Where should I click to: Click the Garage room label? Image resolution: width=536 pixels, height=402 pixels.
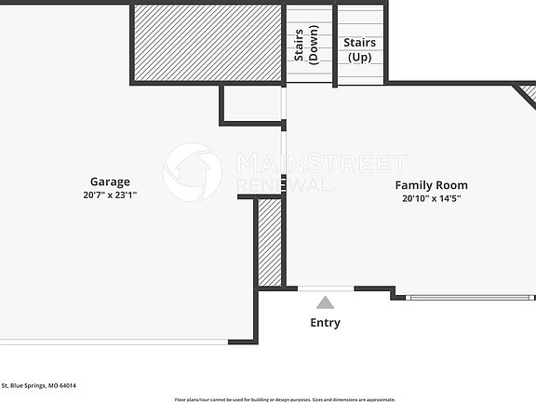110,181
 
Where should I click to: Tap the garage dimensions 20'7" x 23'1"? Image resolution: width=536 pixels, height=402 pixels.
110,195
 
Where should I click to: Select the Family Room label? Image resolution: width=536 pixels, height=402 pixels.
431,185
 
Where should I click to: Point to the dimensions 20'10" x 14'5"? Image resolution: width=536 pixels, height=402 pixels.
431,198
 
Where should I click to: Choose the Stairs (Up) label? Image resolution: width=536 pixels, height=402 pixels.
359,49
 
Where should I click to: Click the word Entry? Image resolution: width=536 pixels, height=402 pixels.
325,323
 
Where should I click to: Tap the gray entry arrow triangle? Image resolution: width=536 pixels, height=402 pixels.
325,302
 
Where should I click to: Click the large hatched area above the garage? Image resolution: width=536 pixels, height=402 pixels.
208,43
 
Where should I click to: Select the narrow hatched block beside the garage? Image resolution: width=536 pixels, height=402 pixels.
270,242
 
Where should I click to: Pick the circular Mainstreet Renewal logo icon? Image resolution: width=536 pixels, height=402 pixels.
192,171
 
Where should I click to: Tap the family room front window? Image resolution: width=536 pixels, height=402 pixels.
470,298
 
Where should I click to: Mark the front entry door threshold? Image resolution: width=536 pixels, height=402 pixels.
325,289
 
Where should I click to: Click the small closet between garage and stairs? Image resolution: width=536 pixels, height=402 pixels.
252,104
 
